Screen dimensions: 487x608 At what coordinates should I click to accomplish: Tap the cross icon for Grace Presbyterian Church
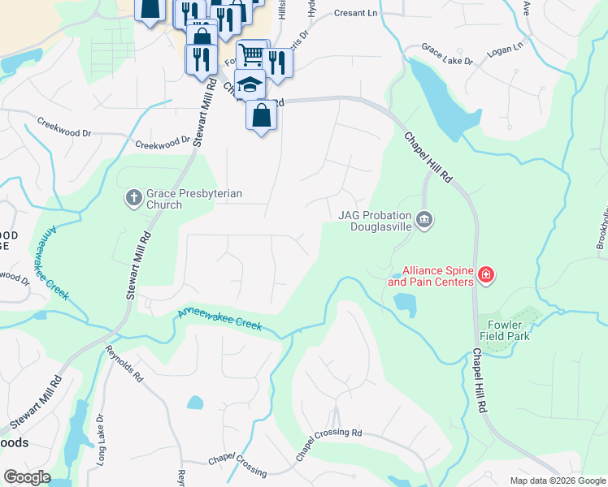point(134,197)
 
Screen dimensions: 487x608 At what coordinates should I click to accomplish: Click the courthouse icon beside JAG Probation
point(424,220)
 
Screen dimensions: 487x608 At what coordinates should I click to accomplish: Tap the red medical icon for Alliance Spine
point(486,276)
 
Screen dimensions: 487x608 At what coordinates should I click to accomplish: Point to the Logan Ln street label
point(505,50)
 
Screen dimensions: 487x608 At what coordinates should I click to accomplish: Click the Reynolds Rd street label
point(124,365)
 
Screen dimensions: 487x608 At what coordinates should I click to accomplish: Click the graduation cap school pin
point(250,84)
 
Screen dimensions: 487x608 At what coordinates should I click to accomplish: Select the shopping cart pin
point(252,55)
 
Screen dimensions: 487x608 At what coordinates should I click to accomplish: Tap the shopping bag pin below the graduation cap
point(261,114)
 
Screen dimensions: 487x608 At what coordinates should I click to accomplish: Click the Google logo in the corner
point(27,477)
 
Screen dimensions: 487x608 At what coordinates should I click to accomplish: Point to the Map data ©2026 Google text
point(557,481)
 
